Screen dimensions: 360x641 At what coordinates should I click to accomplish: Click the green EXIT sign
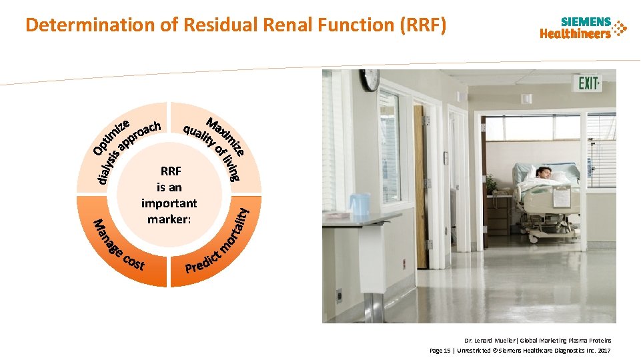click(589, 83)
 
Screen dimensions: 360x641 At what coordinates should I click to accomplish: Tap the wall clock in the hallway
click(370, 79)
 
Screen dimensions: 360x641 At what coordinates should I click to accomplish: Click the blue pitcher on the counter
click(360, 204)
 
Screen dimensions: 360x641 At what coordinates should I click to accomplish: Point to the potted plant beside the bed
click(492, 184)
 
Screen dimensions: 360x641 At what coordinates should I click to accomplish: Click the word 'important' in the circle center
click(169, 203)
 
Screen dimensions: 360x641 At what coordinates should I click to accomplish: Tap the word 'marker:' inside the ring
click(169, 218)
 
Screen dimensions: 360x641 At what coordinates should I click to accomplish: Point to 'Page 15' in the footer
click(440, 350)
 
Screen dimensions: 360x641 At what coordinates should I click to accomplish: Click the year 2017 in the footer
click(604, 350)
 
